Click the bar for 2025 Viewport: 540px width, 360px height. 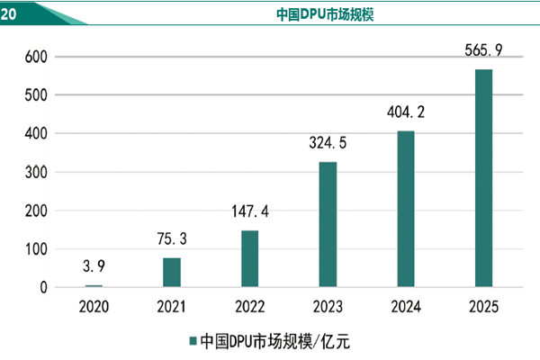tap(484, 178)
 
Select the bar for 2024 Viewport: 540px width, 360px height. tap(406, 209)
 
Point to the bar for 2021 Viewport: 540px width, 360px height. tap(171, 272)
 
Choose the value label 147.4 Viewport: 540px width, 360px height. tap(249, 213)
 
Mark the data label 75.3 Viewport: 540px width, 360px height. tap(171, 240)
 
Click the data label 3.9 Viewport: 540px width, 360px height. tap(94, 268)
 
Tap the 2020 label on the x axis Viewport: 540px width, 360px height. tap(94, 307)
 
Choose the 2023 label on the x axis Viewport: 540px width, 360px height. tap(328, 307)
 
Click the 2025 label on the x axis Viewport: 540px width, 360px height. tap(484, 307)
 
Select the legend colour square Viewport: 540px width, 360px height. tap(192, 341)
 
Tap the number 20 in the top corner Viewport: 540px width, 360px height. tap(9, 13)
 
